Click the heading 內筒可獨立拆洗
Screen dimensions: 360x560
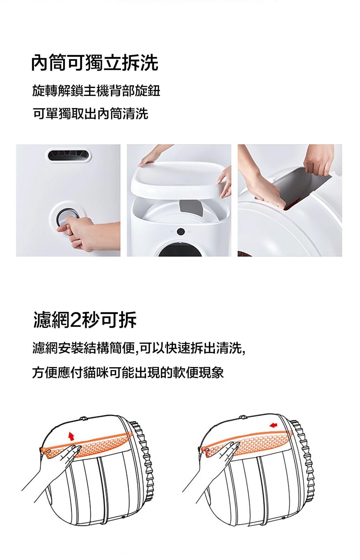95,63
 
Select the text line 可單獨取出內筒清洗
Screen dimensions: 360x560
90,114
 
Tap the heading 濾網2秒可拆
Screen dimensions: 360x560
85,320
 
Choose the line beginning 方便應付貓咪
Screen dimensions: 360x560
128,373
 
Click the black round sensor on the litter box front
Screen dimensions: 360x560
180,232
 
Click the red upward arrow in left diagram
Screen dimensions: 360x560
71,436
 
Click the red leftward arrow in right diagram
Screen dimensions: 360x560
273,425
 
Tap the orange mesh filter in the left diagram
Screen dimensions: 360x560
87,443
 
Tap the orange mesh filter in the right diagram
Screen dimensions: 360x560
246,443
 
